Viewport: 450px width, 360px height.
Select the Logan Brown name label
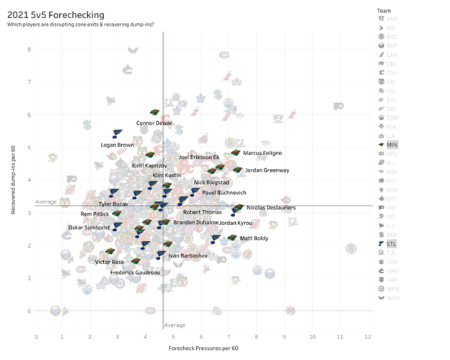118,146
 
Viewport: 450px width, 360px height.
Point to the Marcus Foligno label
262,153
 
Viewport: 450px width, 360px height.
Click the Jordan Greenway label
268,170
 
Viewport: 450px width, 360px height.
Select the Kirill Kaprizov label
150,166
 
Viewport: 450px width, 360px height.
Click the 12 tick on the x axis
368,337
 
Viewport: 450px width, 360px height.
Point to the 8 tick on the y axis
30,49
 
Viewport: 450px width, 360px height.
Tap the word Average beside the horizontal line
46,202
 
